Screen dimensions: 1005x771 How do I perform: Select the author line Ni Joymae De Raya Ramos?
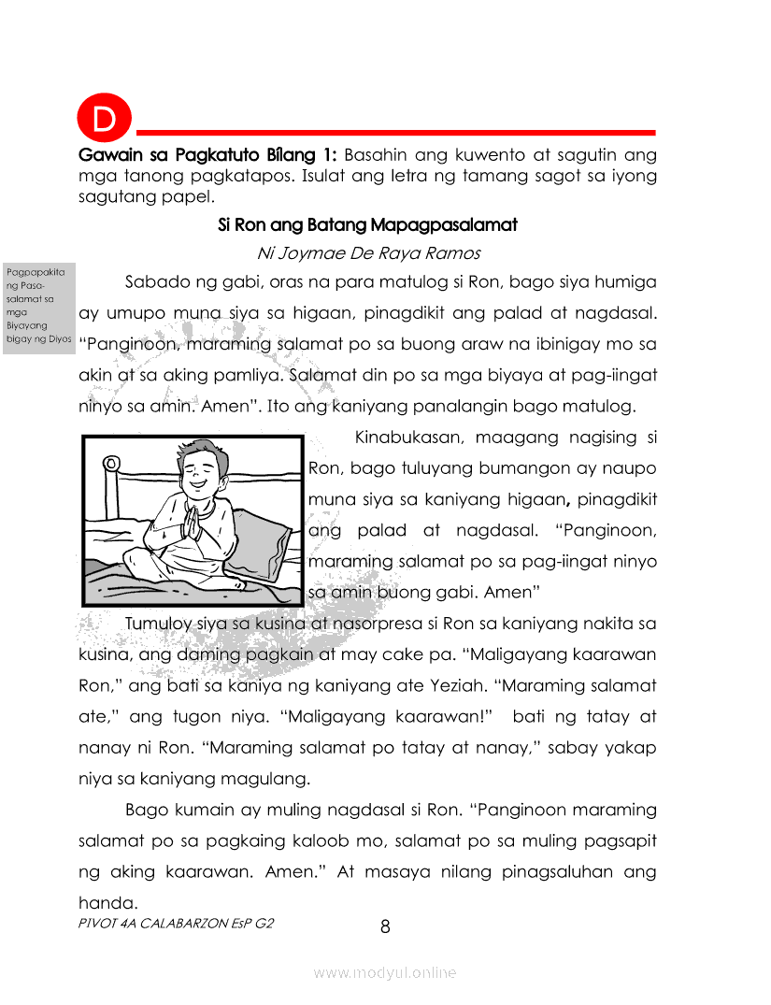click(x=367, y=253)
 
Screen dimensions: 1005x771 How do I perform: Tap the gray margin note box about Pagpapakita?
click(x=38, y=306)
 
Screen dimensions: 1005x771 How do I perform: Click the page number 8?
click(x=385, y=927)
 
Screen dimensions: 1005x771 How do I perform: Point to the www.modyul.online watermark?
click(x=385, y=973)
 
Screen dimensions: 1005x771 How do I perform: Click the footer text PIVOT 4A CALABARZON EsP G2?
click(x=177, y=922)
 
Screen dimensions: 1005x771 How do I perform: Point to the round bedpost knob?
click(x=113, y=464)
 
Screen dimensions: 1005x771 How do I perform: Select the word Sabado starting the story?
click(x=156, y=282)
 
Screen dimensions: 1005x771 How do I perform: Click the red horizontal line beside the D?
click(x=393, y=133)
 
